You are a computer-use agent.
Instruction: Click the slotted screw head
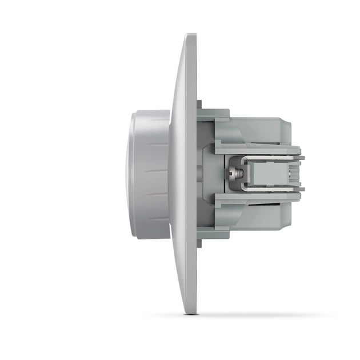[234, 173]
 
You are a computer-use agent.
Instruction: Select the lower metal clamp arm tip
[301, 189]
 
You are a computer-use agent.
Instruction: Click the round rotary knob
[150, 174]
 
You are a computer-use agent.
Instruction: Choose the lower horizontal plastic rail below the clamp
[257, 198]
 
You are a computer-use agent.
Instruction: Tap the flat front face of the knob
[132, 174]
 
